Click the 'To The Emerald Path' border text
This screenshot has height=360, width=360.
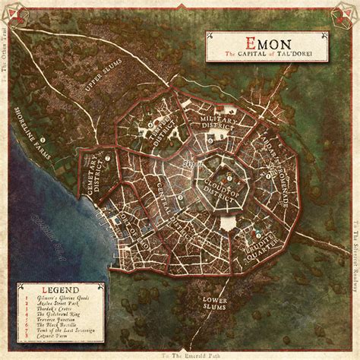click(x=180, y=355)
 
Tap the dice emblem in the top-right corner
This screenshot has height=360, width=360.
click(x=346, y=14)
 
